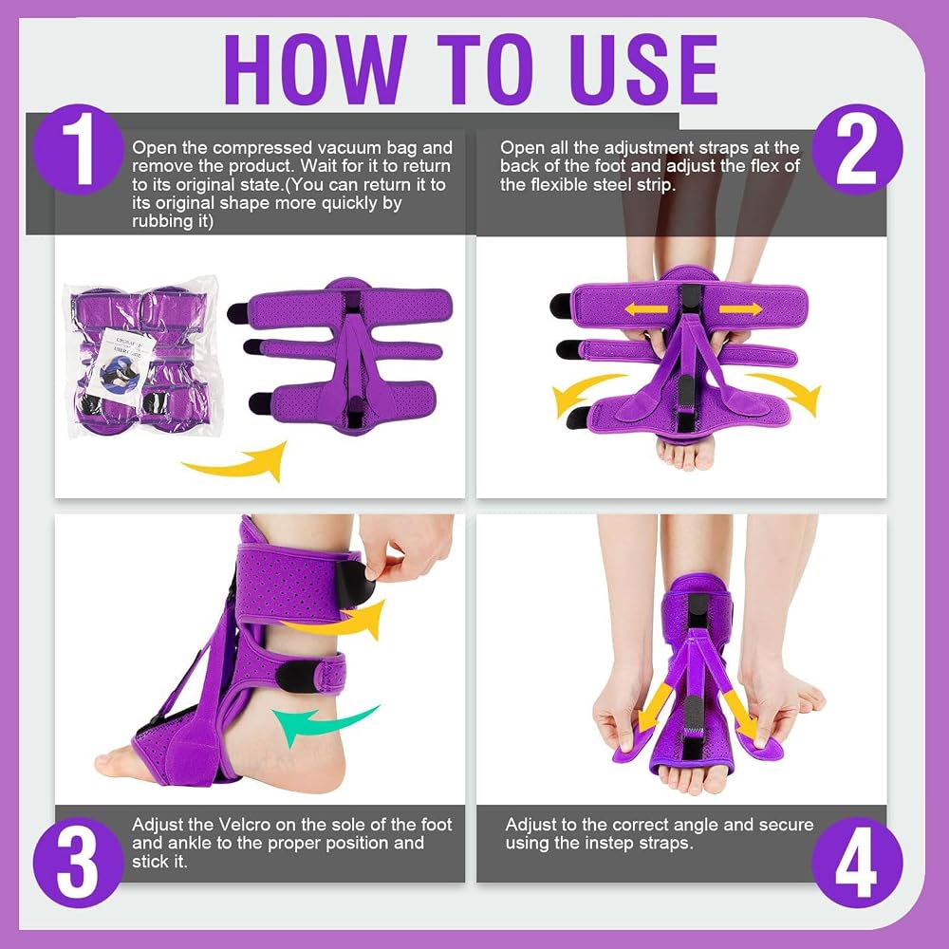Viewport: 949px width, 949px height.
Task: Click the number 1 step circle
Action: click(79, 150)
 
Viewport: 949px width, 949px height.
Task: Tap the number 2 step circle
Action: click(856, 150)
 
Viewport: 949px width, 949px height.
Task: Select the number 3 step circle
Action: click(79, 862)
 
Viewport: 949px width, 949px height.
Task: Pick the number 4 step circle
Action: click(856, 862)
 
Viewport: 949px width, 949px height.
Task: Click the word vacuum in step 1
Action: click(355, 148)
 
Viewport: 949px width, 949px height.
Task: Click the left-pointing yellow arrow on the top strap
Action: click(645, 309)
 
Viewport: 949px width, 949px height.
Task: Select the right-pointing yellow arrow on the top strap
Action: click(741, 309)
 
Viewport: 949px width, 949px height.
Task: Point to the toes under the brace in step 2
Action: click(684, 454)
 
